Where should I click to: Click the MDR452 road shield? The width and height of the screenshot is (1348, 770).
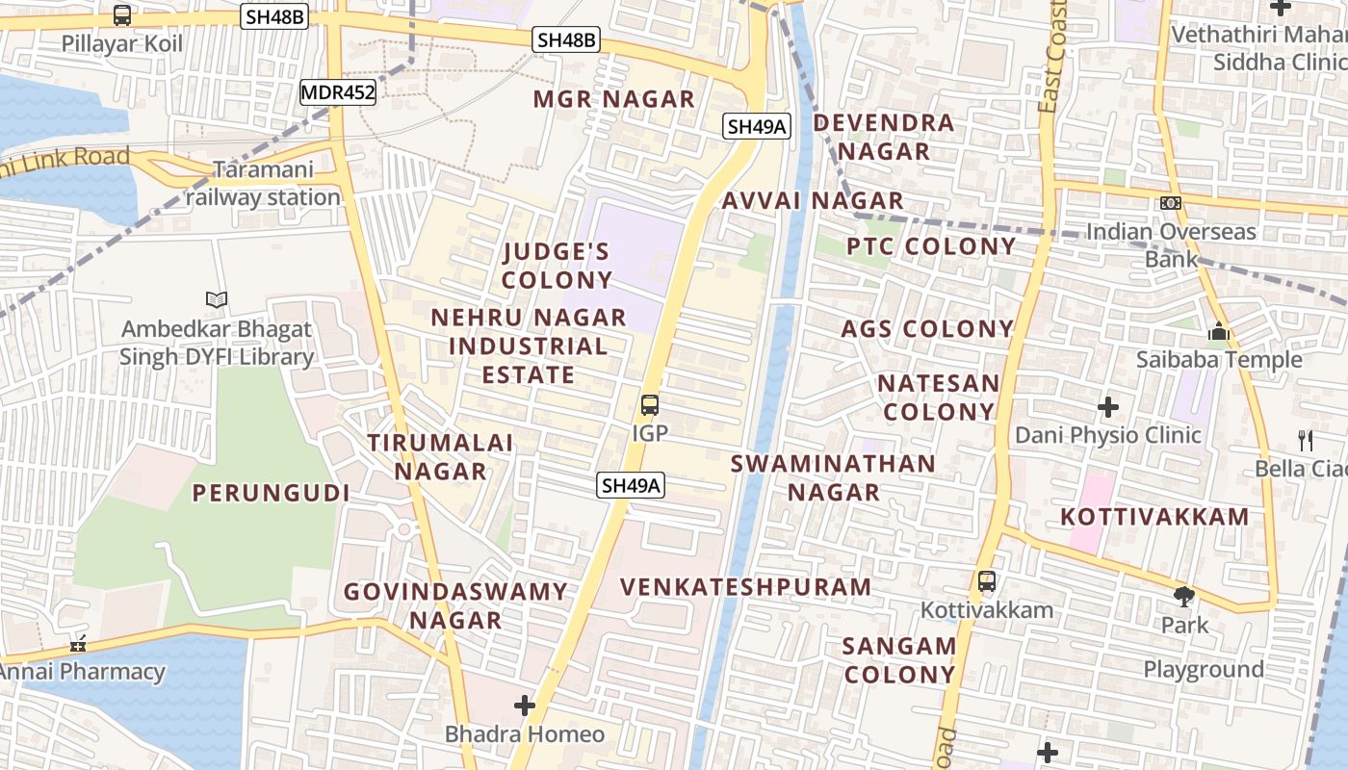click(x=337, y=92)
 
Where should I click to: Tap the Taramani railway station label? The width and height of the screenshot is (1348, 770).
click(x=263, y=184)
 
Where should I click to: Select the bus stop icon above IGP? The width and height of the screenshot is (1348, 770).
click(x=650, y=405)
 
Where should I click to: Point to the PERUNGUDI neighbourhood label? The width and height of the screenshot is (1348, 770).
click(x=271, y=493)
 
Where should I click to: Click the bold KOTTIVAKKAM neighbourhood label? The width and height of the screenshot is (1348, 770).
click(x=1154, y=517)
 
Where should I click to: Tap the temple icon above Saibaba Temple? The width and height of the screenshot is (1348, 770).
click(x=1219, y=333)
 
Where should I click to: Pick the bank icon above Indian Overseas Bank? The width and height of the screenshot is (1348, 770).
click(x=1171, y=203)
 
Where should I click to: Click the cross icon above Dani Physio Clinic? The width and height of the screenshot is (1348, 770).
click(x=1108, y=407)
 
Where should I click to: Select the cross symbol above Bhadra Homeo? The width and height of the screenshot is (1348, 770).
click(x=524, y=706)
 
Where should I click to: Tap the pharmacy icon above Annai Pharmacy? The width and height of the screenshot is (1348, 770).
click(x=78, y=644)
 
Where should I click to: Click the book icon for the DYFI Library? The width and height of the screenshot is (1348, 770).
click(x=217, y=300)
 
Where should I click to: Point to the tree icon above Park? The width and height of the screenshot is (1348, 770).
click(x=1184, y=597)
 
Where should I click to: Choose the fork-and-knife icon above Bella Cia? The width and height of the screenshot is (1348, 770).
click(x=1306, y=441)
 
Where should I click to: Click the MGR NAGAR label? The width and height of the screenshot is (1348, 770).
click(x=613, y=99)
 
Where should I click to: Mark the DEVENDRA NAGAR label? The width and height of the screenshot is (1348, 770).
click(x=884, y=137)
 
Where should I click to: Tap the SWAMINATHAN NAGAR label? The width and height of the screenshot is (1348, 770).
click(x=833, y=477)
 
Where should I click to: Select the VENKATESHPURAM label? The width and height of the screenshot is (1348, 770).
click(x=745, y=587)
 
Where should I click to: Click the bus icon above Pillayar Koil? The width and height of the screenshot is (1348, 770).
click(x=122, y=15)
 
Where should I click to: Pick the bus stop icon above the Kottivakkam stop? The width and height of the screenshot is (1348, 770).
click(x=987, y=581)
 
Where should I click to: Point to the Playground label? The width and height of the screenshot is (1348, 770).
click(x=1204, y=669)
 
